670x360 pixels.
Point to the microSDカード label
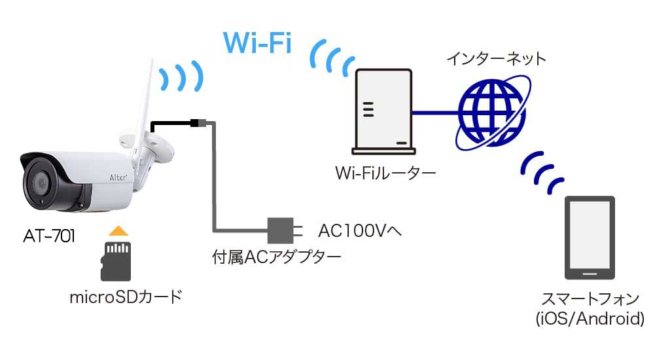pos(126,298)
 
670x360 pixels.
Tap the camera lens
pos(39,183)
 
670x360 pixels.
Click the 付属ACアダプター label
pos(276,257)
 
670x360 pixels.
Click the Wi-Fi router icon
pos(383,108)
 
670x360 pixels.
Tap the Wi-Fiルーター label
pos(385,174)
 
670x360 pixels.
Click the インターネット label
pos(496,58)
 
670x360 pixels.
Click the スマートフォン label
pos(590,300)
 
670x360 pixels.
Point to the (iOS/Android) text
pos(590,319)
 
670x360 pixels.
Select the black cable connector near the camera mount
pos(197,122)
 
